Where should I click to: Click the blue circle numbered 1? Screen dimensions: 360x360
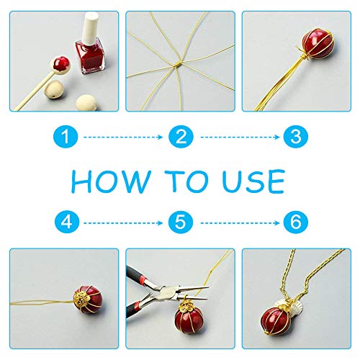click(66, 137)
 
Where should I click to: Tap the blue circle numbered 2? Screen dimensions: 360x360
click(181, 137)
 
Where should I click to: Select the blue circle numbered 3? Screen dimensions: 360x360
click(295, 137)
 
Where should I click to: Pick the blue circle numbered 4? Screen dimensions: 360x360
click(67, 222)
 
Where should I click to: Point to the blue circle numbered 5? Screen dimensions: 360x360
click(181, 222)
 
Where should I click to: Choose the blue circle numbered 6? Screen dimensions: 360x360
click(295, 222)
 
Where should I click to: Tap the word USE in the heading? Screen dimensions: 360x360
click(253, 181)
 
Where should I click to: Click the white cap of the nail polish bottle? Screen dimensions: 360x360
click(91, 27)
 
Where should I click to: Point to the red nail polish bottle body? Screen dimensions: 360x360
click(90, 57)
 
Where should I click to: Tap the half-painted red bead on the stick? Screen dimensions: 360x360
click(60, 64)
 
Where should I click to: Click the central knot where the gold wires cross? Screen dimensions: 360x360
click(178, 64)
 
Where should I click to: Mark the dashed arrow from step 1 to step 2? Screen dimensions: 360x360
click(123, 137)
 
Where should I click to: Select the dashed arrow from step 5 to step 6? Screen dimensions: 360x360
click(240, 223)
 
